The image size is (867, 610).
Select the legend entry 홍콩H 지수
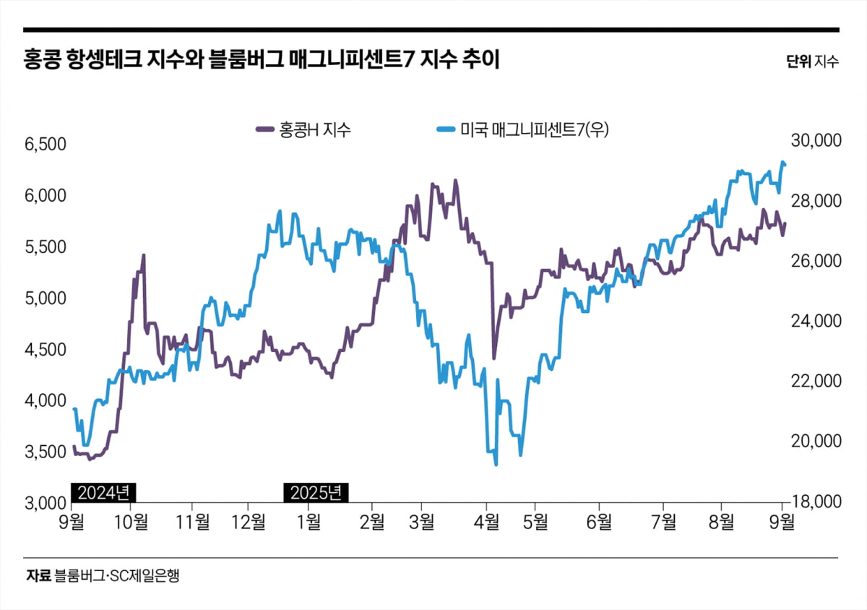tap(303, 130)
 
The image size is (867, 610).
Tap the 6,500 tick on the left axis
tap(45, 145)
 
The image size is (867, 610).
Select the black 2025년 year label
tap(316, 493)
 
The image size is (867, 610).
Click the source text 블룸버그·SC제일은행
tap(116, 576)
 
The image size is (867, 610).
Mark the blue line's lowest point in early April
tap(496, 464)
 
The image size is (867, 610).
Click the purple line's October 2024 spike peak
tap(144, 255)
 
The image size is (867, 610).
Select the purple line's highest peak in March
tap(455, 181)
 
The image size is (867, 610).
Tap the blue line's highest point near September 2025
tap(782, 162)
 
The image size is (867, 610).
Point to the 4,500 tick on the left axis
tap(45, 350)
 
